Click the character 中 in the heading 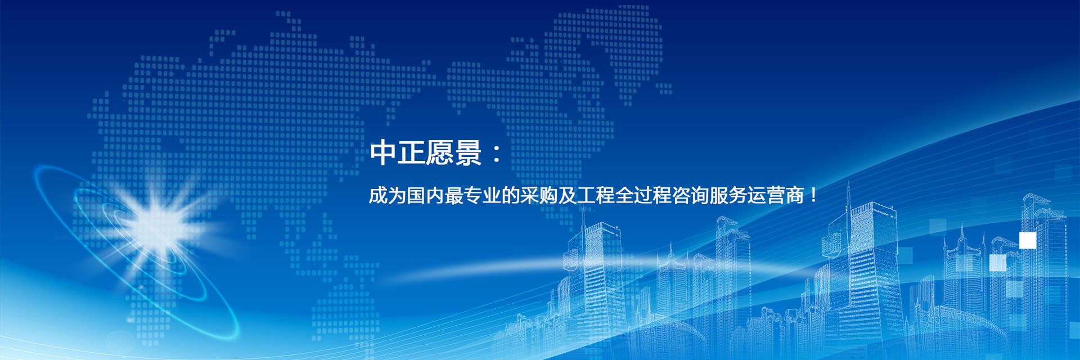(383, 152)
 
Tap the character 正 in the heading (411, 152)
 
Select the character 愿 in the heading (439, 152)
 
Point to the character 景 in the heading (468, 152)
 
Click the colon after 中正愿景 (497, 153)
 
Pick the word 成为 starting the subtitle (388, 195)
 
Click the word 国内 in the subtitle (425, 195)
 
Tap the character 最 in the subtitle (454, 195)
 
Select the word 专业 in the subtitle (482, 195)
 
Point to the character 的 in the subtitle (511, 195)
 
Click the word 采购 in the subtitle (539, 195)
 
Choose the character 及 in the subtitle (568, 195)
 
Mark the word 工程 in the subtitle (596, 195)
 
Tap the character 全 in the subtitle (624, 195)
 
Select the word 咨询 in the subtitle (690, 195)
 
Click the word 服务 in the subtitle (728, 195)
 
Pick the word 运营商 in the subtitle (776, 195)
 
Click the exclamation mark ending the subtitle (813, 196)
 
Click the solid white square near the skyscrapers (1028, 240)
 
